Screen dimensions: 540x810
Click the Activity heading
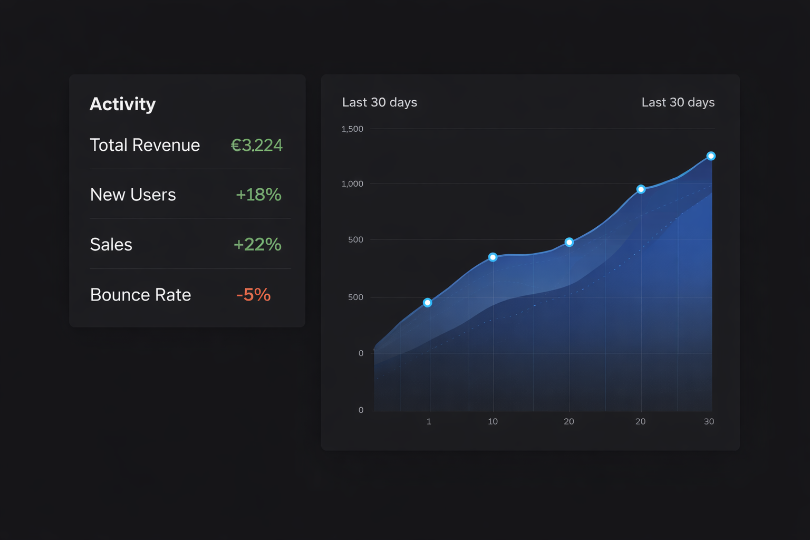coord(122,104)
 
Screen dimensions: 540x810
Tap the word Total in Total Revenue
coord(109,145)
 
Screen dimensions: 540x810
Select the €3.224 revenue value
coord(257,145)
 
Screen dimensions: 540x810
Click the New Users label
coord(133,195)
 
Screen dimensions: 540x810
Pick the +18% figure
coord(258,195)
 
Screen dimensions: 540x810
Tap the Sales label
coord(111,245)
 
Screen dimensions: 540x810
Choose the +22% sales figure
coord(257,245)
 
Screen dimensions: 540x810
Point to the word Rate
coord(173,295)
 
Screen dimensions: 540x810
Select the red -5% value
coord(253,295)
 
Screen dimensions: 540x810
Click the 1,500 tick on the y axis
coord(352,129)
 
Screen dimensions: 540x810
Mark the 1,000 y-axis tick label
coord(352,184)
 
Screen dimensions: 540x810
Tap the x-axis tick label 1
coord(429,421)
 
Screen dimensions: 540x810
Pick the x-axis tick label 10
coord(493,421)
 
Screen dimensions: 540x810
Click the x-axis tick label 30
coord(709,421)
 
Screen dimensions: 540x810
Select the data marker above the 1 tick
coord(428,303)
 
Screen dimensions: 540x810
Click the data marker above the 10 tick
coord(493,257)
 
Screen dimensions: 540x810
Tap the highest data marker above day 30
coord(711,156)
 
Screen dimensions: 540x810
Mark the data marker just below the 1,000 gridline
coord(641,189)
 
